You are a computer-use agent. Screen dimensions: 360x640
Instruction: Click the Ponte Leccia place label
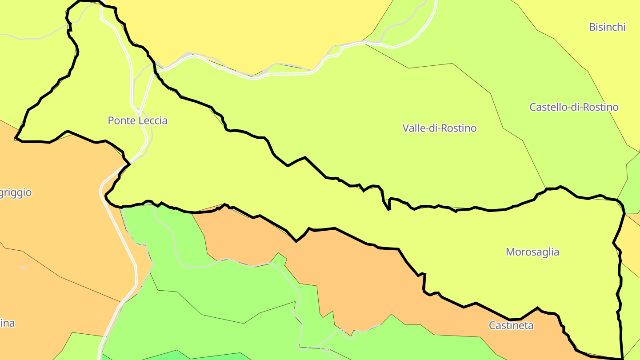click(138, 120)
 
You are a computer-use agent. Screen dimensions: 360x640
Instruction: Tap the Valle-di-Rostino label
click(439, 128)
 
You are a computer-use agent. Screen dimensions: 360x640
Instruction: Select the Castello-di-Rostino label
click(574, 107)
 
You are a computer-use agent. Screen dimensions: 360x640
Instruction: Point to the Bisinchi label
click(607, 27)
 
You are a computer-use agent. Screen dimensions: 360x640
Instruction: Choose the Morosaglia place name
click(532, 252)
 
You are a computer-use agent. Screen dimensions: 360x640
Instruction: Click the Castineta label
click(511, 325)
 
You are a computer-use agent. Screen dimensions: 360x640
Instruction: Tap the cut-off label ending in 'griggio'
click(16, 193)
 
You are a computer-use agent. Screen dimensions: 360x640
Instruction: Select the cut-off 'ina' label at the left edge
click(8, 323)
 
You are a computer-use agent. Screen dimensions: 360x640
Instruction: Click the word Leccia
click(153, 120)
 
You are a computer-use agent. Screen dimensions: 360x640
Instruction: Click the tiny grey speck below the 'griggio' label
click(23, 268)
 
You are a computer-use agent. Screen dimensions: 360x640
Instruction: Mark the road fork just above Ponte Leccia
click(138, 111)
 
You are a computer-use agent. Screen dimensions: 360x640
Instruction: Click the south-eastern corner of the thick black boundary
click(622, 358)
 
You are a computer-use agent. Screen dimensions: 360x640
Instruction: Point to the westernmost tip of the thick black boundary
click(16, 139)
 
